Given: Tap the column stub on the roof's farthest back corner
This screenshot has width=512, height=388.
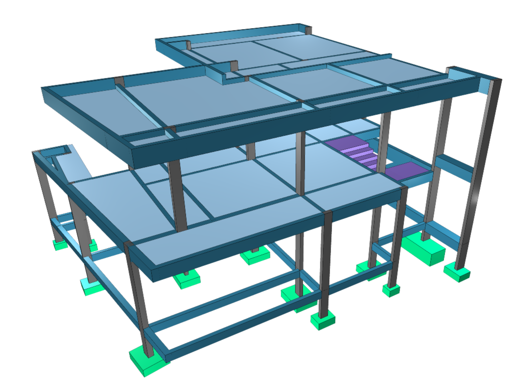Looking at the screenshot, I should (308, 30).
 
